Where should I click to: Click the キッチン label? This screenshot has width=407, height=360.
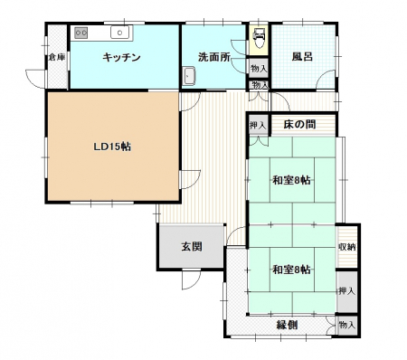coord(121,57)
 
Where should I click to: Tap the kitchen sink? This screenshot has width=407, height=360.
coord(119,33)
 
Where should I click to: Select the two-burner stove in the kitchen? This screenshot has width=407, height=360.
coord(81,33)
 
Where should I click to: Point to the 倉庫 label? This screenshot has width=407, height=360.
coord(57,57)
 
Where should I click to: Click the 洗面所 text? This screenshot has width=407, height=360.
coord(214,57)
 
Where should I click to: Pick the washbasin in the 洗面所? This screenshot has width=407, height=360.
coord(189,76)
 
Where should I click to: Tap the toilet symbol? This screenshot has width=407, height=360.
coord(259,37)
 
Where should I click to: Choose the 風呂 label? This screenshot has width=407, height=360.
coord(302,57)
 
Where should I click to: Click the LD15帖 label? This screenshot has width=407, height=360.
coord(112,147)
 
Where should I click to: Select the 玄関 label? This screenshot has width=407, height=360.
coord(192,247)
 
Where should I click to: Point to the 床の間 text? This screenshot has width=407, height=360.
coord(299,124)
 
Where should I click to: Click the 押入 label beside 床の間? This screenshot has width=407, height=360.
coord(258,125)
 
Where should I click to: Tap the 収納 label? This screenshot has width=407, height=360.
coord(346,247)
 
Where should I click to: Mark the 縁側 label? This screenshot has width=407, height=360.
coord(288,325)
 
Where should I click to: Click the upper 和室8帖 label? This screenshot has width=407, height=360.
coord(291,180)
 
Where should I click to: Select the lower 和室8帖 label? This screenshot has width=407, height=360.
coord(291,270)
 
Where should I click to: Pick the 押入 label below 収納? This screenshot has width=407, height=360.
coord(346,291)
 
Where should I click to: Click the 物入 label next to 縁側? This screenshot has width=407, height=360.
coord(347,325)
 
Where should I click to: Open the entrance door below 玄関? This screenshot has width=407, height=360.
coord(192,279)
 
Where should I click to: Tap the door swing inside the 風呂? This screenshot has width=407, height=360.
coord(327,80)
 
